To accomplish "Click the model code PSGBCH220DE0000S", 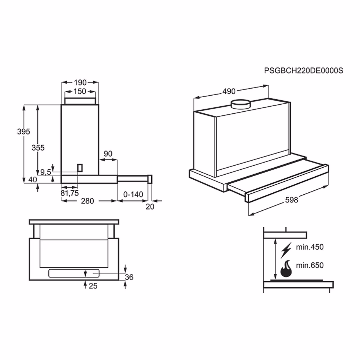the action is coord(303,71).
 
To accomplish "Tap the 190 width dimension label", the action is coord(80,82).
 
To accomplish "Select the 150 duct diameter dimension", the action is coord(80,91).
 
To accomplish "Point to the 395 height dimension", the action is coord(24,132).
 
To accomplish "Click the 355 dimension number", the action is coord(38,148).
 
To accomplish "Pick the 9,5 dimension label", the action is coord(46,172).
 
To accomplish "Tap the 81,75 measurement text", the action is coord(69,193).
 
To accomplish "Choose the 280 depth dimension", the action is coord(87,201).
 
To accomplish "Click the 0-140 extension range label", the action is coord(133,194).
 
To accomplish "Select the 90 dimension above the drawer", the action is coord(108,154).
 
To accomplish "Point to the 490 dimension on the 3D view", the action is coord(229,91).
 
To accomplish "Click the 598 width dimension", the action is coord(291,200).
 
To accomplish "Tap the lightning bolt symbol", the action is coord(286,250).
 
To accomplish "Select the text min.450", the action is coord(310,247).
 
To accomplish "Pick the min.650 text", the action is coord(310,265).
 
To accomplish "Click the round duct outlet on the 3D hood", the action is coord(240,104).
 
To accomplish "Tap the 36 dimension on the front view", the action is coord(129,277).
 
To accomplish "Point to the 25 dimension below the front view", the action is coord(93,286).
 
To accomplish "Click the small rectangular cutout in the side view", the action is coord(80,168).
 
